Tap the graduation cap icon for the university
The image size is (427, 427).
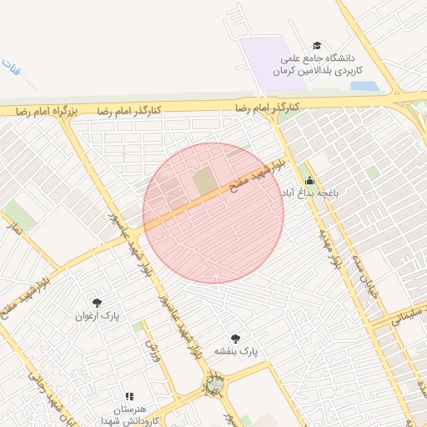point(316,45)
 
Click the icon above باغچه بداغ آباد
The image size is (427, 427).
point(309,181)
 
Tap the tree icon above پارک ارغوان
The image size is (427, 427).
point(98,303)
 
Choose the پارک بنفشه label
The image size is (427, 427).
point(237,352)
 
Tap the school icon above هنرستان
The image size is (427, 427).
point(128,396)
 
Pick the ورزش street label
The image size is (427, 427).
point(152,344)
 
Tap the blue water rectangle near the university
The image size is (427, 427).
point(365,85)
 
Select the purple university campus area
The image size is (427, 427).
point(271,58)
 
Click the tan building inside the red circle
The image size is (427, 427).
point(204,182)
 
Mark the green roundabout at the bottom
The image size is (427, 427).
point(214,384)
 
